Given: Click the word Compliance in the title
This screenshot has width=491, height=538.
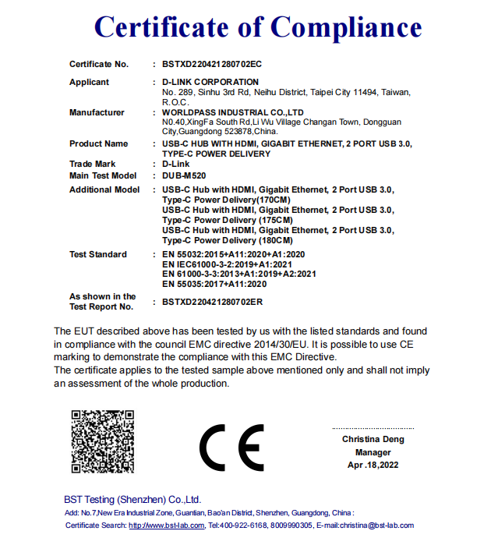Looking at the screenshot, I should tap(346, 28).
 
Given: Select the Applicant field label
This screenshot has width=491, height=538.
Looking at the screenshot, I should tap(89, 82).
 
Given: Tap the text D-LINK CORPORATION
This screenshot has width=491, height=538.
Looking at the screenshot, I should tap(210, 82).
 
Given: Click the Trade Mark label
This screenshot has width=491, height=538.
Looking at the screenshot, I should tap(92, 165).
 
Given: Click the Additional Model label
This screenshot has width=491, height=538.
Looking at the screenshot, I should tap(104, 189).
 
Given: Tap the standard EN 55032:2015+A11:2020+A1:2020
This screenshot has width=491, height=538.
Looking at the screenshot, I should tap(233, 255).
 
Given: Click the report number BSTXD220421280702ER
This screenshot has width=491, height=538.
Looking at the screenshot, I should tap(212, 302).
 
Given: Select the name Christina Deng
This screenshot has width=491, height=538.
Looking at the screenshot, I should tap(373, 439).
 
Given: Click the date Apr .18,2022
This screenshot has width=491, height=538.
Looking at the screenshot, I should tap(373, 465).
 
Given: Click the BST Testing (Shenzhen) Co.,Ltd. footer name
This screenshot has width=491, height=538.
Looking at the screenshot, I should tap(132, 499).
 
